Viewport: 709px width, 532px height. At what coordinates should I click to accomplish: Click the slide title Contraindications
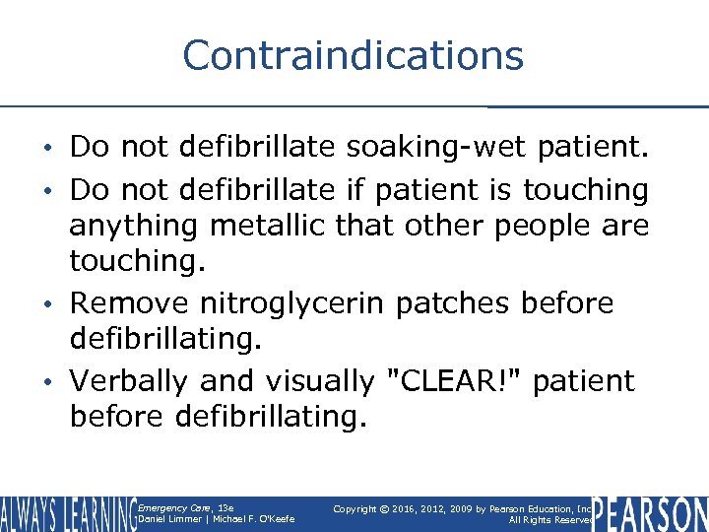[353, 55]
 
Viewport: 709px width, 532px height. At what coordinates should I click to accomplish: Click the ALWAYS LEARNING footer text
[67, 514]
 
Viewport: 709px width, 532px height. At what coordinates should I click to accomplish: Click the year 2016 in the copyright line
[417, 508]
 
